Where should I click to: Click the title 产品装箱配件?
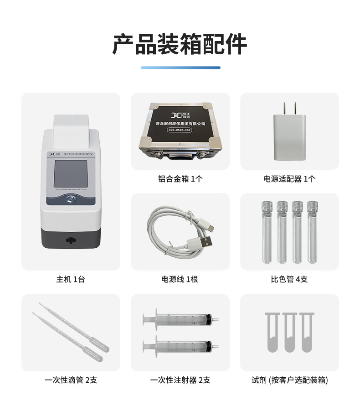coord(180,44)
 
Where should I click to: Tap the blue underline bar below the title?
coord(180,68)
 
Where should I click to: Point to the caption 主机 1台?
coord(70,279)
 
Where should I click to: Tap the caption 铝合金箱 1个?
coord(180,179)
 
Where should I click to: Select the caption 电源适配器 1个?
coord(289,179)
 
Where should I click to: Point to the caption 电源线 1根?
coord(180,279)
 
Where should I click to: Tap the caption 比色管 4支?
coord(289,279)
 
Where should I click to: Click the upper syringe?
coord(180,319)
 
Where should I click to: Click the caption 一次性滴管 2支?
coord(71,380)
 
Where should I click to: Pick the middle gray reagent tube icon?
coord(289,332)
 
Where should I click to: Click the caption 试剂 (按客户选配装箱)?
coord(289,380)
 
